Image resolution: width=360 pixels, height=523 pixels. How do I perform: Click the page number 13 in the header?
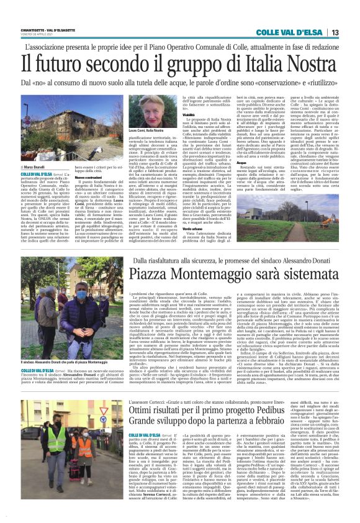click(335, 32)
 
